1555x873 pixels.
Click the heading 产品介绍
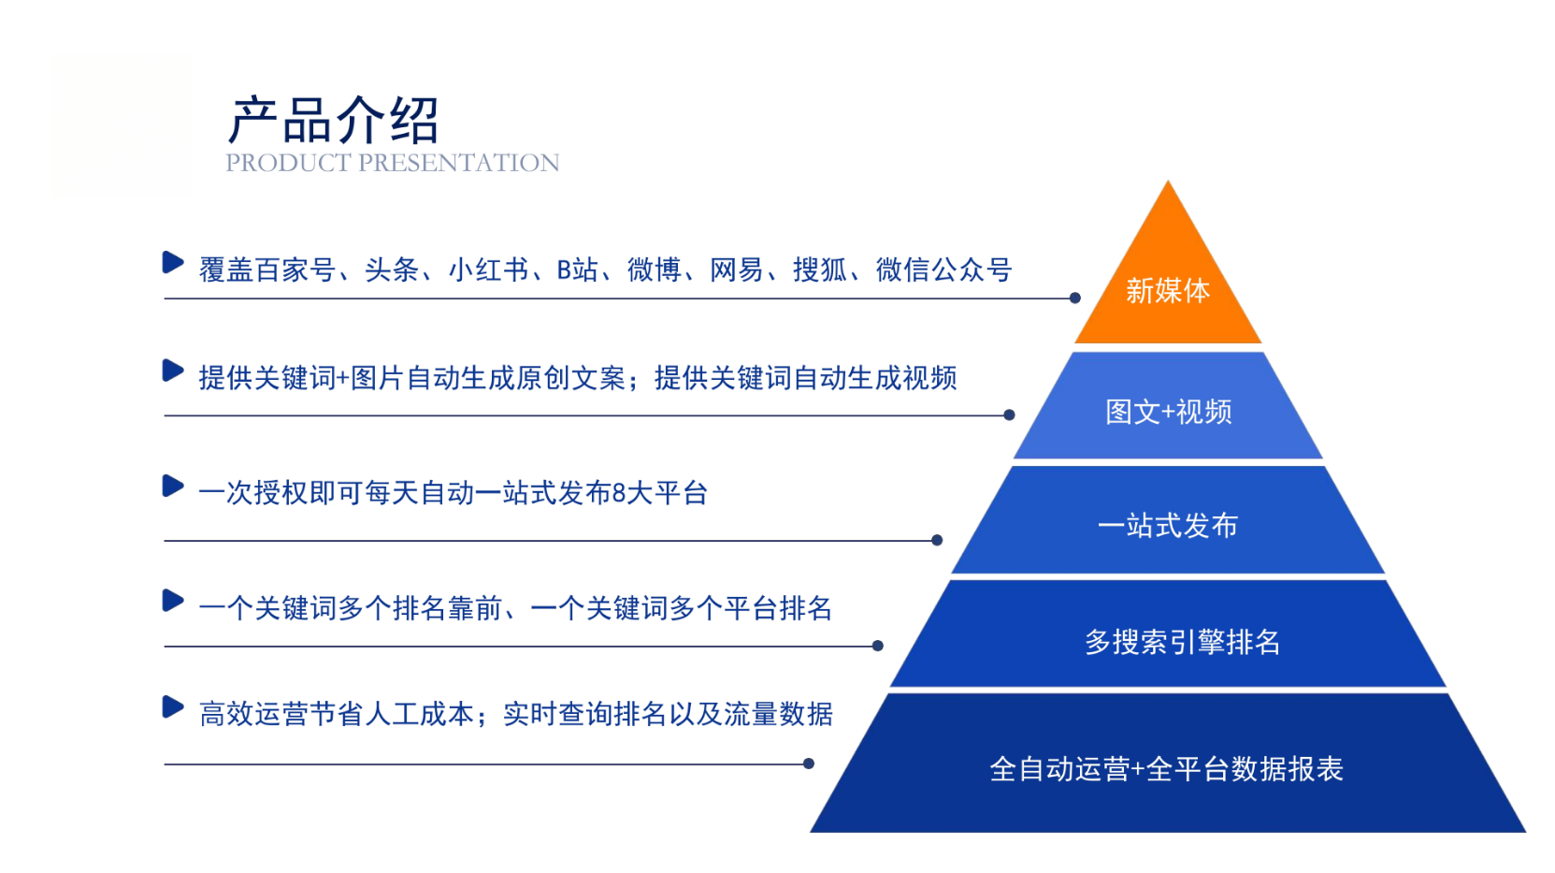[334, 120]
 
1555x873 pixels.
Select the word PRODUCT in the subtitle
[288, 163]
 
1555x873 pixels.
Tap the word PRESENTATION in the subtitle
[459, 163]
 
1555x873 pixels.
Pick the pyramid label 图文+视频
[1168, 412]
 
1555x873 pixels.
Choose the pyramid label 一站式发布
[1168, 526]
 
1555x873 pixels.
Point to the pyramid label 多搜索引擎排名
[1182, 642]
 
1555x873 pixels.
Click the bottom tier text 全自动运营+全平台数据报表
[1166, 769]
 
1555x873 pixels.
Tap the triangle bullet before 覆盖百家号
[173, 263]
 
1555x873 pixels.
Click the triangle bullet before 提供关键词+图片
[173, 371]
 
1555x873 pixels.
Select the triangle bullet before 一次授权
[173, 486]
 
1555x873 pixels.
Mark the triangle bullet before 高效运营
[173, 707]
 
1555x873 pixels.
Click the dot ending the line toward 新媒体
[1074, 298]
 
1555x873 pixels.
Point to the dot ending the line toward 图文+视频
[1009, 415]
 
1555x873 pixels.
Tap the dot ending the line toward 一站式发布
[937, 540]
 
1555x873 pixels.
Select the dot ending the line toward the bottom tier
[809, 764]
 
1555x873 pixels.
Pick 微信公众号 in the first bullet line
[943, 269]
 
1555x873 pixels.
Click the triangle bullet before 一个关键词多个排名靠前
[173, 600]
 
